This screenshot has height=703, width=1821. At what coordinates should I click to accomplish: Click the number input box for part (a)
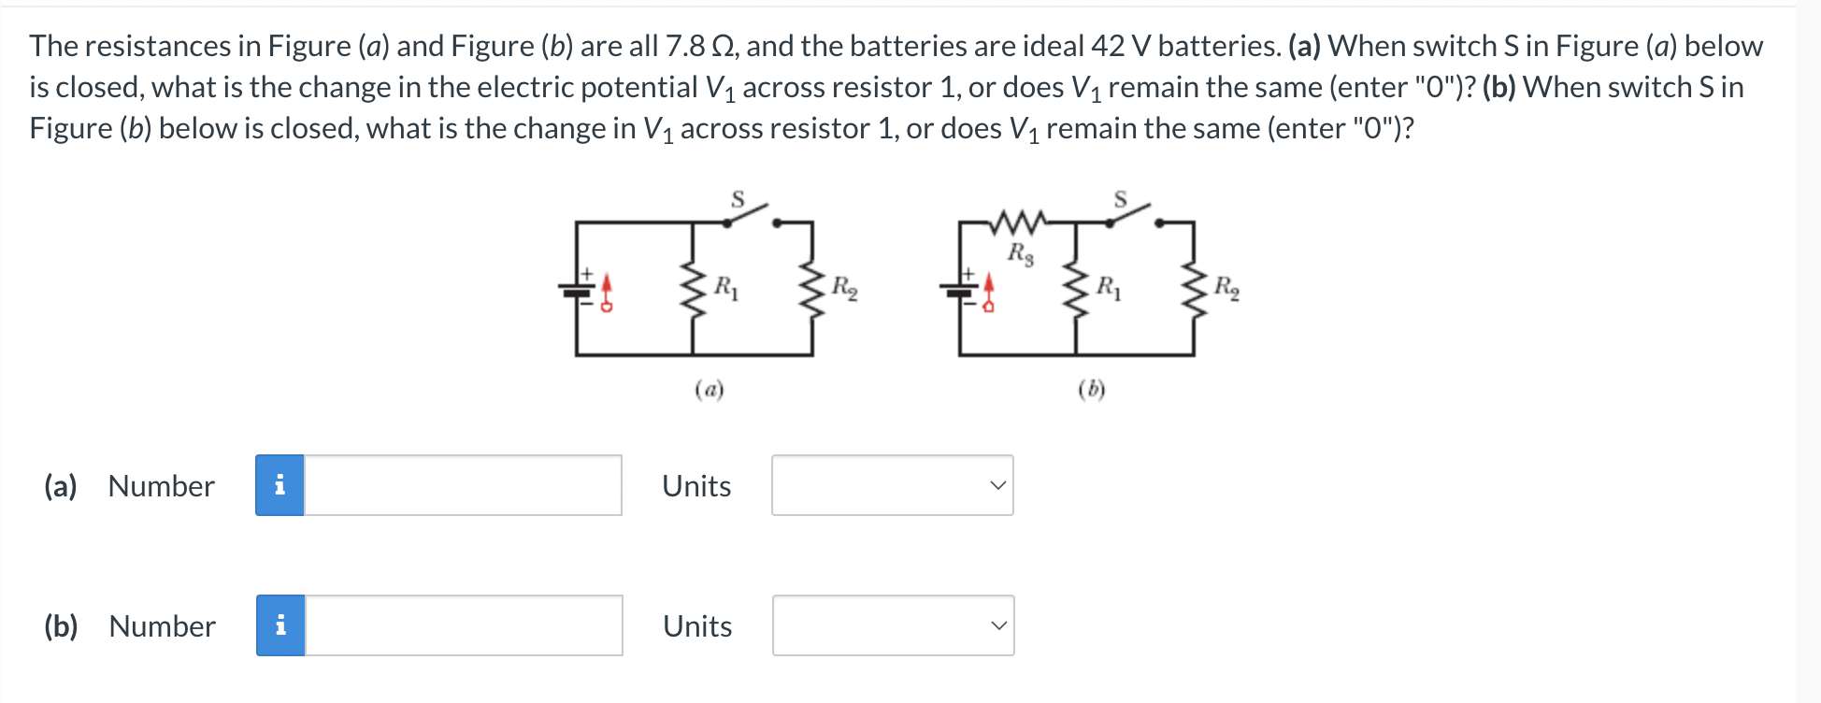coord(463,485)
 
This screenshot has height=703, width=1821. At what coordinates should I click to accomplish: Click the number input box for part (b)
coord(464,625)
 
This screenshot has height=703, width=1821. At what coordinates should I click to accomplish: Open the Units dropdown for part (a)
coord(892,485)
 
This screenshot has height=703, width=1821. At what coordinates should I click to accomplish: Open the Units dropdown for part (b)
coord(893,625)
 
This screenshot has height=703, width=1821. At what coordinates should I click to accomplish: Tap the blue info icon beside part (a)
coord(280,485)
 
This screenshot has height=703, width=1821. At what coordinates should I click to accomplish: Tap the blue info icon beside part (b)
coord(280,625)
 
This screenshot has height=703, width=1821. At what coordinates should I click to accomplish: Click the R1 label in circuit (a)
coord(726,288)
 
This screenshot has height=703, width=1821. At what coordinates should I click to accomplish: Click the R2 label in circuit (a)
coord(844,288)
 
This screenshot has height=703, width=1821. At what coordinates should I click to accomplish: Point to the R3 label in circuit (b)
coord(1020,253)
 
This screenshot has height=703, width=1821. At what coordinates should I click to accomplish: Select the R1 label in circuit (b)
coord(1109,288)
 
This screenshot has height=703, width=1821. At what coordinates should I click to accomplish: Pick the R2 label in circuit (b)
coord(1226,288)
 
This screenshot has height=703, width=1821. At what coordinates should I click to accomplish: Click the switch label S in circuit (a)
coord(738,199)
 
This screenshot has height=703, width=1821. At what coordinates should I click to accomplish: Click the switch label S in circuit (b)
coord(1120,199)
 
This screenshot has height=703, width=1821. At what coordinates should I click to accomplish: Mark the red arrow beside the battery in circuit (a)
coord(607,291)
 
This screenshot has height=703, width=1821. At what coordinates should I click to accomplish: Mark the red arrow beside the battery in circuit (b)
coord(989,291)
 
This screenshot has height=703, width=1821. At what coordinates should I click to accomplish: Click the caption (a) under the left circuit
coord(710,389)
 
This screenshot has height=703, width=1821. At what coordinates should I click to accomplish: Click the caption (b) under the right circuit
coord(1091,389)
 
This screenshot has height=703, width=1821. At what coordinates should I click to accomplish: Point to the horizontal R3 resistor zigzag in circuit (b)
coord(1017,222)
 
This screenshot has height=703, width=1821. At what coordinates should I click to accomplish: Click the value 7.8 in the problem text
coord(684,46)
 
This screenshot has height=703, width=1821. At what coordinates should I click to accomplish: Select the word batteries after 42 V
coord(1218,46)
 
